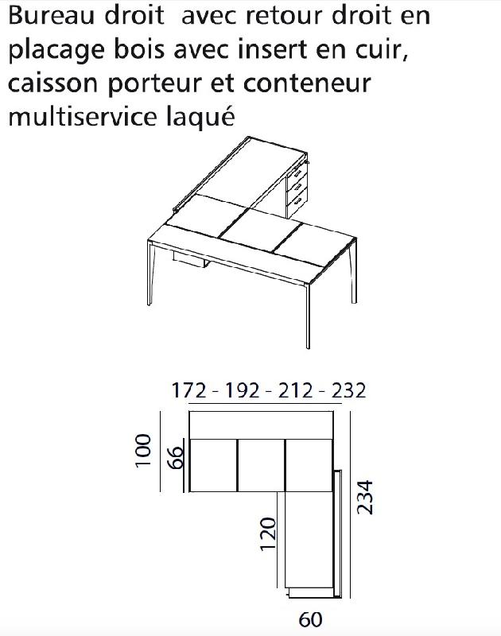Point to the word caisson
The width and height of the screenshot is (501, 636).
(60, 83)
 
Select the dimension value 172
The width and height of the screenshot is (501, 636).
(188, 390)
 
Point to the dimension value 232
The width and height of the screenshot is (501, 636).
(348, 390)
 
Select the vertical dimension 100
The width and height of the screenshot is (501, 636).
(144, 451)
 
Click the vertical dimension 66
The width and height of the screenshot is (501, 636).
(177, 456)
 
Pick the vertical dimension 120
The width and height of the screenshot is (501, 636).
(268, 533)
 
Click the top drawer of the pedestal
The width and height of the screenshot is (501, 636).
(297, 173)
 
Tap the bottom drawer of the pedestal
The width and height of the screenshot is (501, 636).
(296, 202)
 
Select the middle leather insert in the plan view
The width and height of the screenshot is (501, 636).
(261, 464)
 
